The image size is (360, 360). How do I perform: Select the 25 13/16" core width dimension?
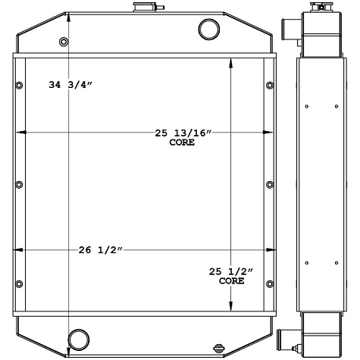tap(183, 133)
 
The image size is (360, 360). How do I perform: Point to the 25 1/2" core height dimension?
tap(231, 271)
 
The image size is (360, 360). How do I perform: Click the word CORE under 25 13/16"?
tap(182, 142)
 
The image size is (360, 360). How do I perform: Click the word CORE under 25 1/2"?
tap(231, 280)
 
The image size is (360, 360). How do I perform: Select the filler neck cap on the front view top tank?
tap(142, 8)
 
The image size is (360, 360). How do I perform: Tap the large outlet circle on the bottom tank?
tap(78, 338)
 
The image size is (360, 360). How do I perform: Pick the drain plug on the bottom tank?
tap(221, 347)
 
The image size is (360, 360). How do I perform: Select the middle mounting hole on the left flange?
tap(18, 183)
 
